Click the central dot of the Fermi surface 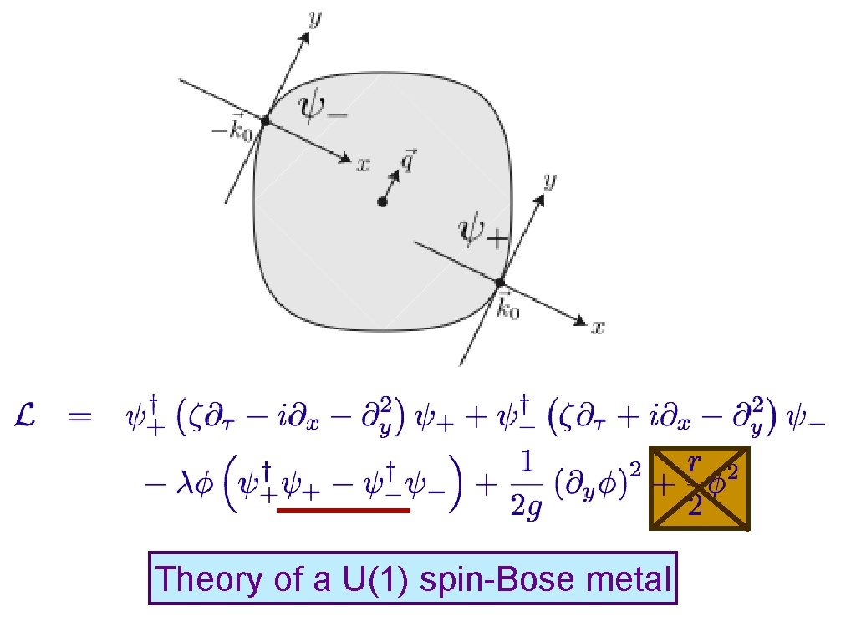click(x=382, y=201)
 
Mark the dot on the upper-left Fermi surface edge click(x=265, y=121)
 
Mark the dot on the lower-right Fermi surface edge click(x=500, y=282)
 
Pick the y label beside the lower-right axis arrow click(x=549, y=181)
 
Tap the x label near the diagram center click(x=363, y=166)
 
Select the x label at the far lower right click(x=598, y=328)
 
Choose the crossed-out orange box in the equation click(x=699, y=488)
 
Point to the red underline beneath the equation click(x=344, y=510)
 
